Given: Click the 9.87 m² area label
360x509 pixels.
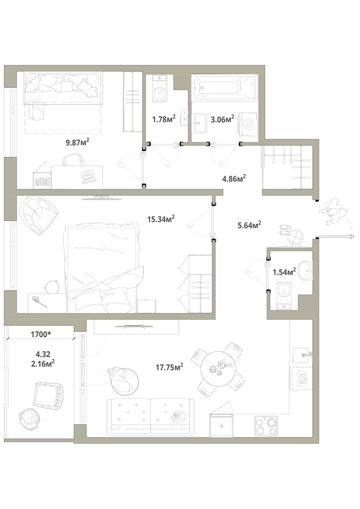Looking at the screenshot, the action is tap(78, 142).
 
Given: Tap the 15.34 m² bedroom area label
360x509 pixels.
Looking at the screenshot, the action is tap(161, 219).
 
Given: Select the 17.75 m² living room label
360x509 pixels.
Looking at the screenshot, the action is tap(169, 367).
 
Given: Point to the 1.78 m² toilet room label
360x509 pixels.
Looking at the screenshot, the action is tap(163, 119).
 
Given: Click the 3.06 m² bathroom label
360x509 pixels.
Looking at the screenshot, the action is tap(223, 119).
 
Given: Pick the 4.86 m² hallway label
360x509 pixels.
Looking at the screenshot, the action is tap(233, 179).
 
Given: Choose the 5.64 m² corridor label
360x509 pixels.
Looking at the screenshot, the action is tap(249, 225).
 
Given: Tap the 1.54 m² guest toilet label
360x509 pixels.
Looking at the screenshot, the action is tap(284, 272).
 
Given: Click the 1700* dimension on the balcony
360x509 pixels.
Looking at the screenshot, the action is tap(41, 335).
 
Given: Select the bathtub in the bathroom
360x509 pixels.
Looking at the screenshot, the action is tap(225, 87).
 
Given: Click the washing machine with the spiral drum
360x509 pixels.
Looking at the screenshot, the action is tap(248, 125).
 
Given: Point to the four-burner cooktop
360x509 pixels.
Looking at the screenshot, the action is tap(267, 426).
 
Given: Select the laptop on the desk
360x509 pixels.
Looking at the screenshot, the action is tap(88, 176).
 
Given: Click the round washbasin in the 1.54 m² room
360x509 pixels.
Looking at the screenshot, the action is tap(306, 270).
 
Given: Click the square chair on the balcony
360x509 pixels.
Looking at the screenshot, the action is tap(49, 395).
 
